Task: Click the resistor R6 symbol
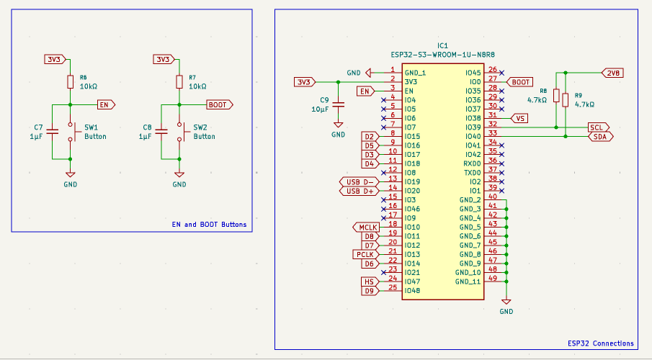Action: pyautogui.click(x=70, y=81)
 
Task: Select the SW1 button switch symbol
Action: pyautogui.click(x=73, y=131)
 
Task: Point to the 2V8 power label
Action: pyautogui.click(x=612, y=73)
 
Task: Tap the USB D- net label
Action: pyautogui.click(x=358, y=181)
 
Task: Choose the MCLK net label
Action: pyautogui.click(x=366, y=227)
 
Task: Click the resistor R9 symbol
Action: pyautogui.click(x=566, y=100)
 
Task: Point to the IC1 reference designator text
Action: pyautogui.click(x=442, y=45)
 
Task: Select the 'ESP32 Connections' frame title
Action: pyautogui.click(x=600, y=343)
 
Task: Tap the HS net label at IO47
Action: pyautogui.click(x=369, y=282)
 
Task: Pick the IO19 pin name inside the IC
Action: pyautogui.click(x=412, y=181)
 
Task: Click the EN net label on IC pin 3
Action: pyautogui.click(x=366, y=91)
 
